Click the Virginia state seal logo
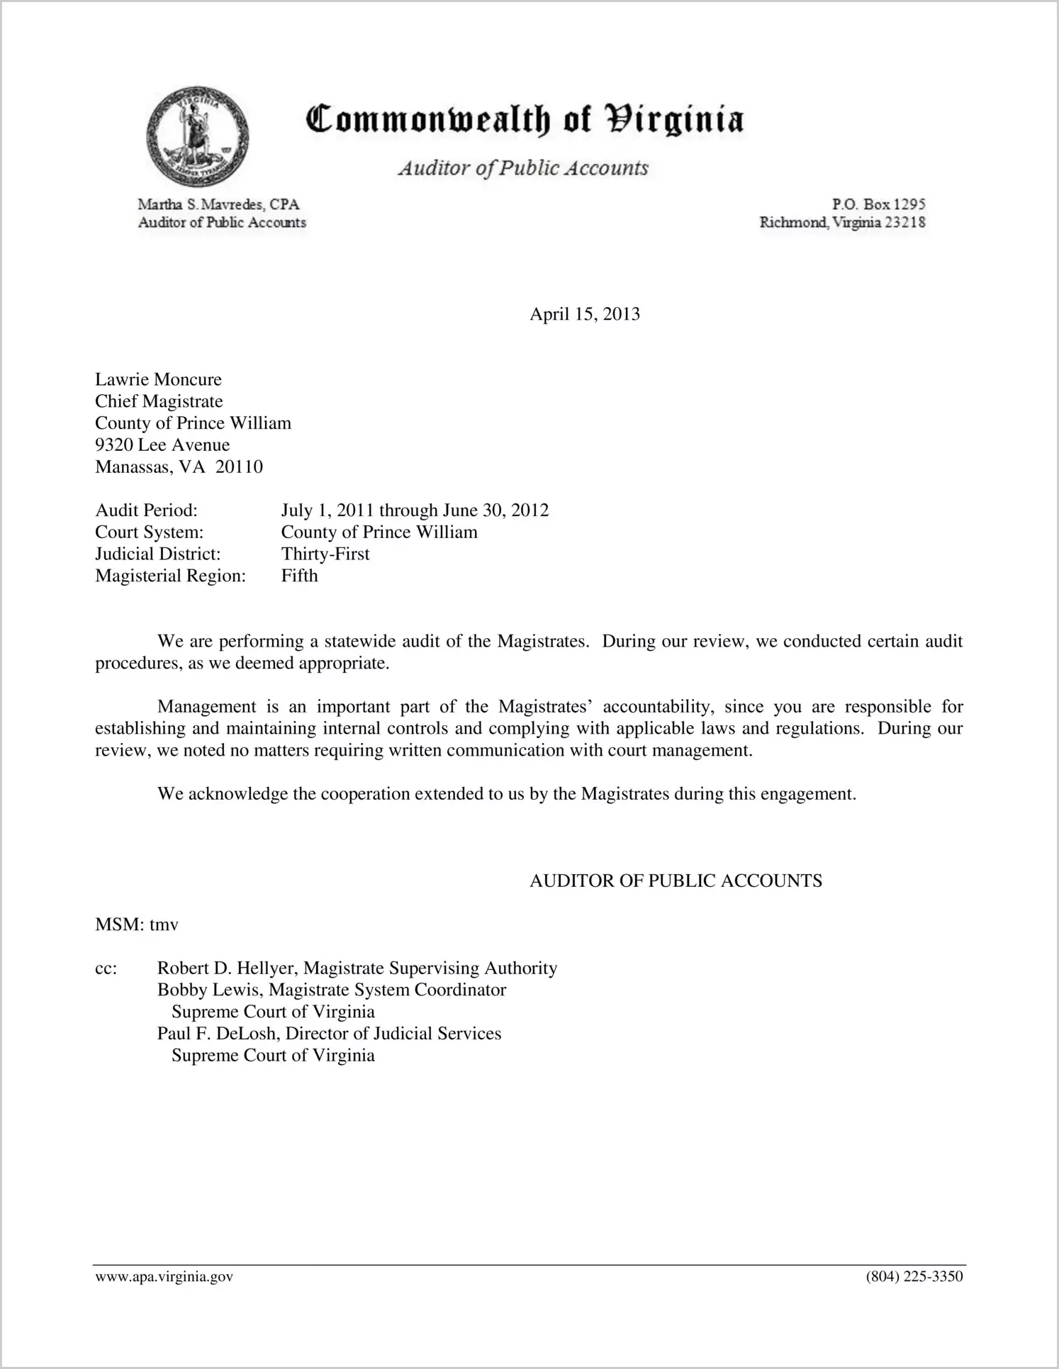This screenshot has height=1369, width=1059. (198, 136)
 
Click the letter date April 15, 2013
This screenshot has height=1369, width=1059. (584, 314)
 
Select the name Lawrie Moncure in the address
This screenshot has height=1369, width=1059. (158, 379)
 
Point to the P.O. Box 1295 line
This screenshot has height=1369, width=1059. (878, 204)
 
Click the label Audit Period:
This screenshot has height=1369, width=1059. (146, 510)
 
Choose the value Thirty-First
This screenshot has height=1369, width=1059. (325, 554)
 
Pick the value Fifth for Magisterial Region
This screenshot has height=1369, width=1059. (299, 576)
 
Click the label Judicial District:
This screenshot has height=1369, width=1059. (158, 554)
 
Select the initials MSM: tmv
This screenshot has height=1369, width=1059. (137, 924)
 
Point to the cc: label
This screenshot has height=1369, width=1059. (106, 968)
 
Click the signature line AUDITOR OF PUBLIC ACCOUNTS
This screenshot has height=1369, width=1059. (676, 881)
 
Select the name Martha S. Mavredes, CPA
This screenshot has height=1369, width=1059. (218, 204)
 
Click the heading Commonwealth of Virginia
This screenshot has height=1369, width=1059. (524, 119)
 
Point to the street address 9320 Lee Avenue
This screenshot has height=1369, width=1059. (162, 445)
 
